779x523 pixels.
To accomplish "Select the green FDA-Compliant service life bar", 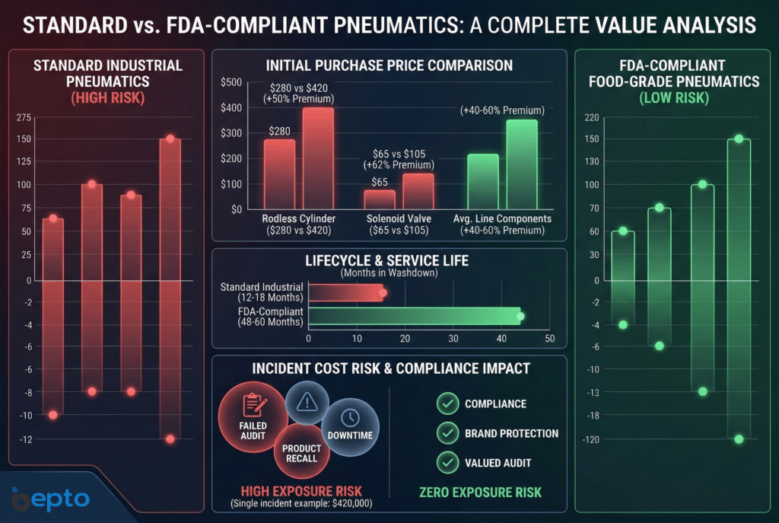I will (x=415, y=317).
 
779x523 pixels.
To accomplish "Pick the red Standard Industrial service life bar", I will (x=345, y=293).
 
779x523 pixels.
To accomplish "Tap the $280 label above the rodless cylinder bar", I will (x=278, y=131).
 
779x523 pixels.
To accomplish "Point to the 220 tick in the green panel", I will (x=592, y=117).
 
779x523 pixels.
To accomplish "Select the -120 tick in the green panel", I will (x=590, y=439).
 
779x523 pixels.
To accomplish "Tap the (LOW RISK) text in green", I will (x=675, y=97).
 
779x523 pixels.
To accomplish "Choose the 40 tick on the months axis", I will (x=501, y=338).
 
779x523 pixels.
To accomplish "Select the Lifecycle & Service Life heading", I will (x=388, y=261).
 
